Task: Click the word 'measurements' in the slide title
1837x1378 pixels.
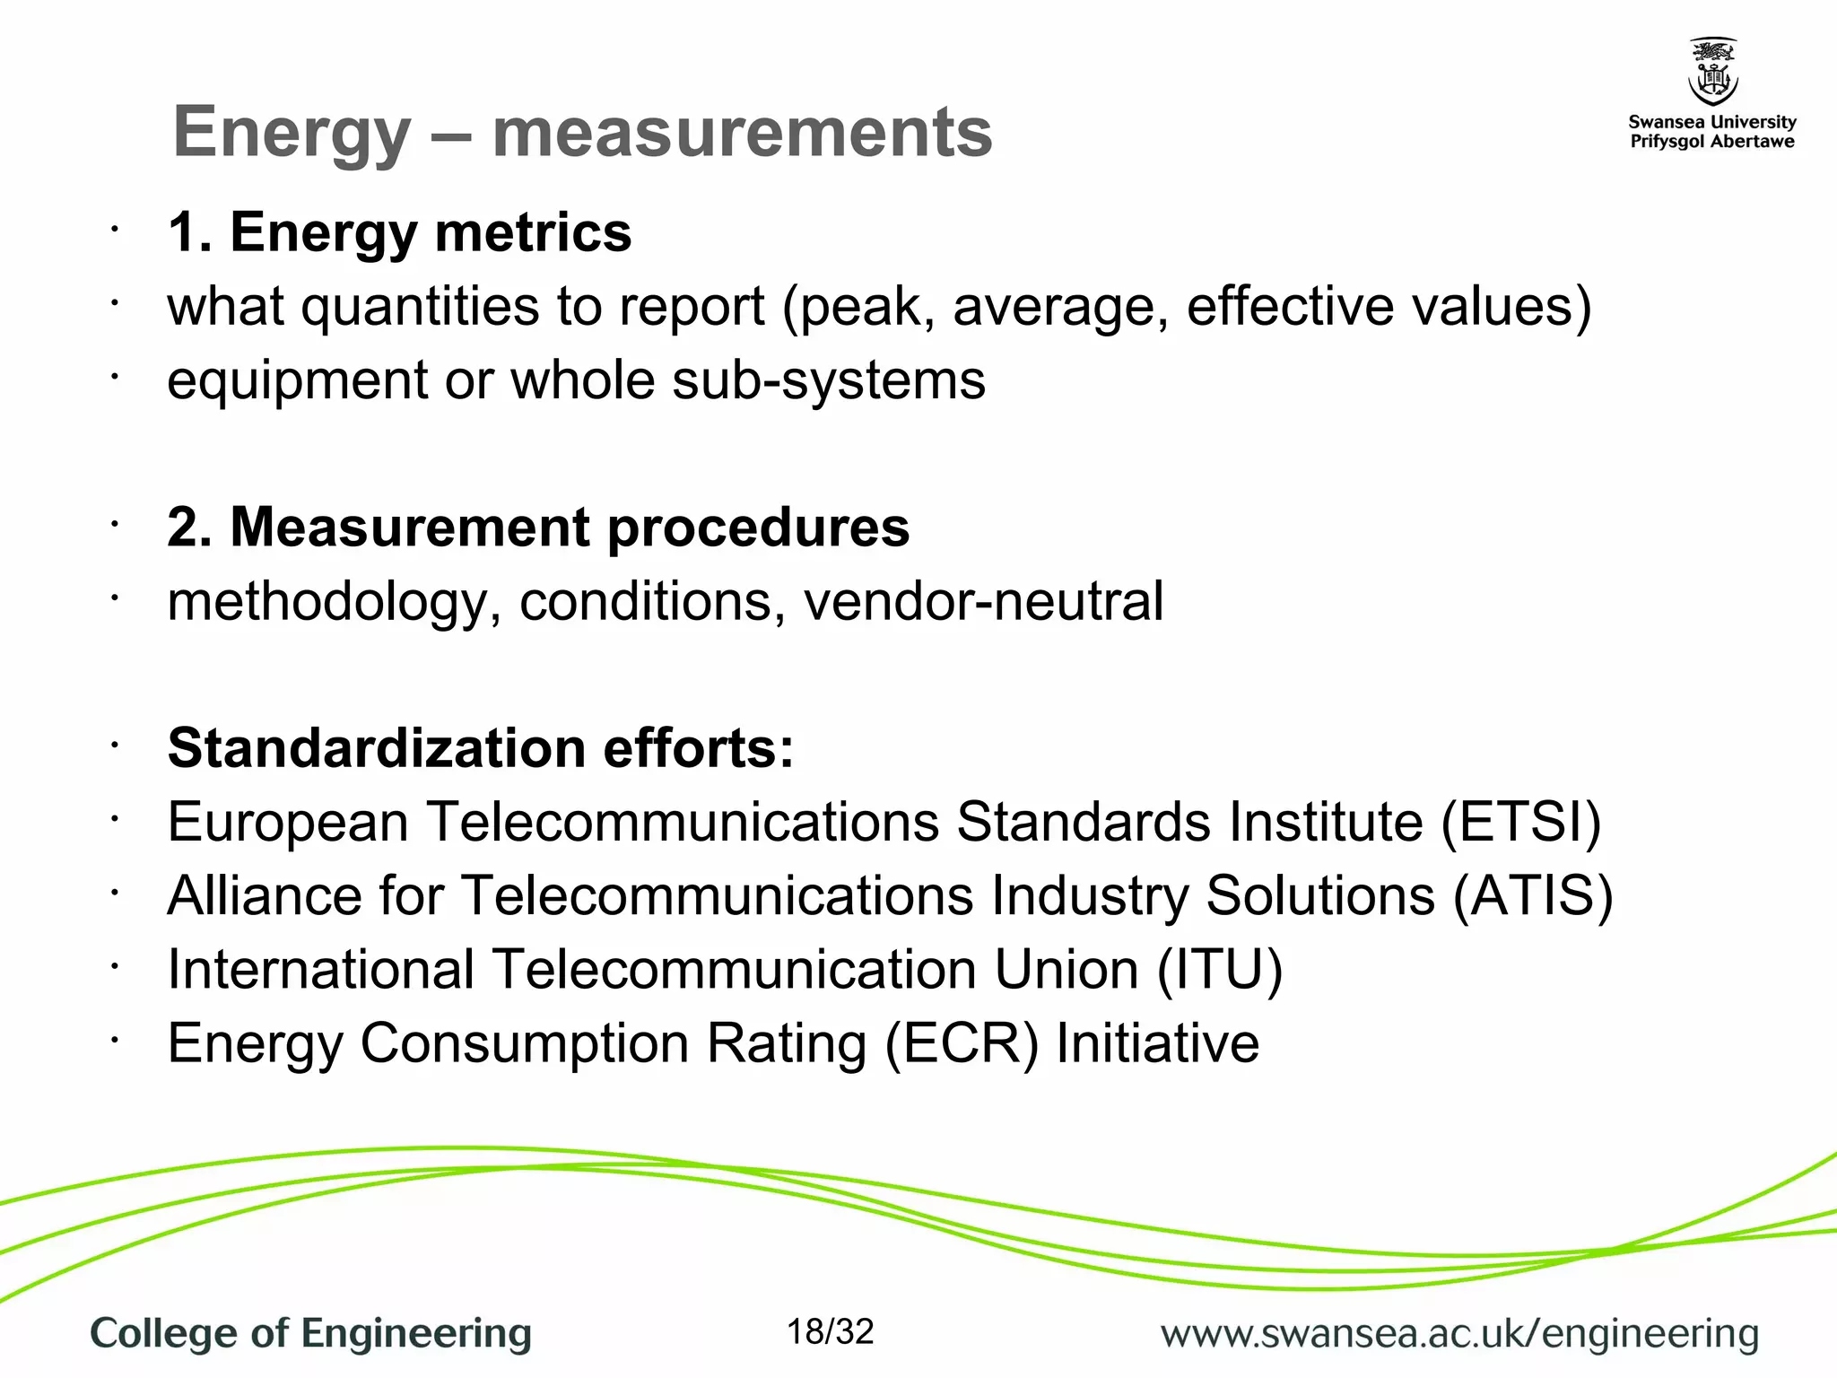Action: (x=742, y=133)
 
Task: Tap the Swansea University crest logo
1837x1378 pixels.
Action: (x=1712, y=72)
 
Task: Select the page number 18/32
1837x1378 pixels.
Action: (x=830, y=1332)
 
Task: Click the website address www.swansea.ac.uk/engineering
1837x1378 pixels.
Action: (x=1459, y=1334)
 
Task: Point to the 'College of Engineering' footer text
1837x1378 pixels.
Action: (x=311, y=1334)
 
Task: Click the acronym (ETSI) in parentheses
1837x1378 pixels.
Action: (x=1521, y=822)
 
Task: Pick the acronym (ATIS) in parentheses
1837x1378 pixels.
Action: (x=1533, y=895)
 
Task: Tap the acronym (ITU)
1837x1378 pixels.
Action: (x=1220, y=970)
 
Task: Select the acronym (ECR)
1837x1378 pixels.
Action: (x=962, y=1043)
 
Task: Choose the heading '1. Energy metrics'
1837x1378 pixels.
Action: (x=399, y=232)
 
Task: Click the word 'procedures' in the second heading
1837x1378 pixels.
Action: (x=758, y=528)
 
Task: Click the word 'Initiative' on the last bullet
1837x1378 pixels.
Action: (x=1157, y=1043)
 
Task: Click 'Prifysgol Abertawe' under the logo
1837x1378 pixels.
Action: (x=1712, y=142)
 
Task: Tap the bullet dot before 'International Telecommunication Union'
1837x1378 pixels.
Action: (x=115, y=967)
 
